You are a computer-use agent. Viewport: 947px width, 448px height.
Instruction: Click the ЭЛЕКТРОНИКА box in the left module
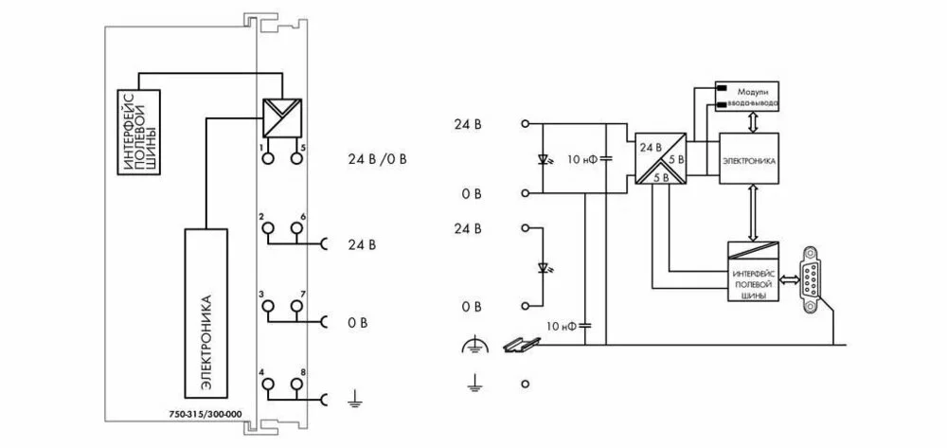point(205,312)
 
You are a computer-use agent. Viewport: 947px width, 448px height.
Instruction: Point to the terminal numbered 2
point(268,228)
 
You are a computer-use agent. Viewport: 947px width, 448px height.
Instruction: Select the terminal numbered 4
point(268,384)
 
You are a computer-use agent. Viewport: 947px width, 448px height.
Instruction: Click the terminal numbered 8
point(296,384)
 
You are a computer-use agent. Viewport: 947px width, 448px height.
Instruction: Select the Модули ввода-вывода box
point(747,96)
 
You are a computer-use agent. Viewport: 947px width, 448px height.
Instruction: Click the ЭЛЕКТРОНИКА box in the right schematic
point(749,162)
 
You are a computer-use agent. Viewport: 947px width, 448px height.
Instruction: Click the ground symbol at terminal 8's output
point(352,402)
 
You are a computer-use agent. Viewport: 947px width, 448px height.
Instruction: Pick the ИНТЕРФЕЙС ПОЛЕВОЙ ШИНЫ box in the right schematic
point(753,274)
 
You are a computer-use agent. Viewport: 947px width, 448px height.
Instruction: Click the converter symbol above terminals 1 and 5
point(281,118)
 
